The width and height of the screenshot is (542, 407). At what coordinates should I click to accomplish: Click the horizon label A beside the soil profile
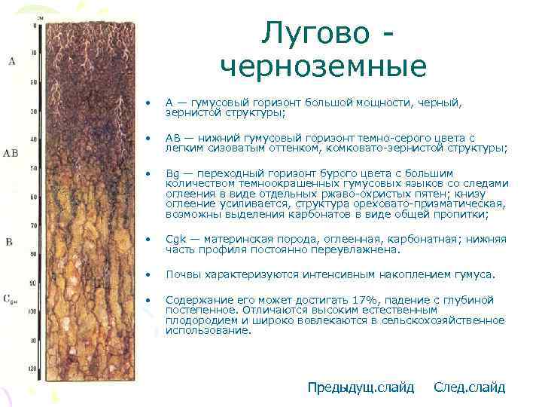11,60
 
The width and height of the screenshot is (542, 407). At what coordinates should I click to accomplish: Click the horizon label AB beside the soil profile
11,152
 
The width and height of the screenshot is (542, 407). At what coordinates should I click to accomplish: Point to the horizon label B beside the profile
9,242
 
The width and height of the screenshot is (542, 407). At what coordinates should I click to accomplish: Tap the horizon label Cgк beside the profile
11,300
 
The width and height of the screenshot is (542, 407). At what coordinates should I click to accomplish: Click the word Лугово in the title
315,34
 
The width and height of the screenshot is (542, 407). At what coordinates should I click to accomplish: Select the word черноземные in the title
324,67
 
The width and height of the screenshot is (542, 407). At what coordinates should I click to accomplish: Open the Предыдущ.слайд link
361,387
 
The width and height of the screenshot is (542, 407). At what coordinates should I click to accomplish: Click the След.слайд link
469,387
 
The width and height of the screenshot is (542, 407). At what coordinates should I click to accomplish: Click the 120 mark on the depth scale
32,369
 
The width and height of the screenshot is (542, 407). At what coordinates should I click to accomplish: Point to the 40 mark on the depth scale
32,139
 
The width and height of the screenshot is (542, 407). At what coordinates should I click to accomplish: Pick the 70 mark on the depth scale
32,225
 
